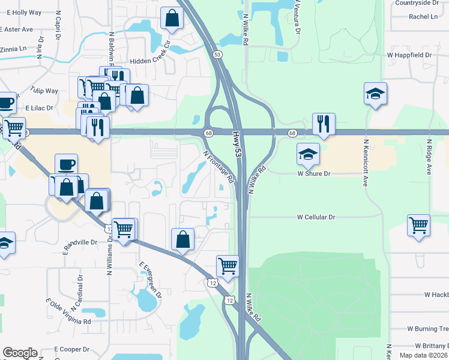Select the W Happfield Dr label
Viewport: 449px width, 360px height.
(x=409, y=55)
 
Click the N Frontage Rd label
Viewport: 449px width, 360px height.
(x=218, y=167)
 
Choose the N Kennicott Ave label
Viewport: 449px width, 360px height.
(x=364, y=164)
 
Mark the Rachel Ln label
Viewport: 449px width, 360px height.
(x=423, y=17)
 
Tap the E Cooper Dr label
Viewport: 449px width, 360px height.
(x=71, y=349)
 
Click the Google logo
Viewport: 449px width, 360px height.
(x=20, y=353)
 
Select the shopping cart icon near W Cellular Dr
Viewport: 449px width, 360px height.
(x=418, y=226)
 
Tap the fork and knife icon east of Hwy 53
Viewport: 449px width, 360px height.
(x=324, y=124)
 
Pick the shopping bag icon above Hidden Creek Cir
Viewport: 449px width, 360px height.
(x=172, y=19)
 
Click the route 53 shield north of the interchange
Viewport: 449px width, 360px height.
(x=217, y=55)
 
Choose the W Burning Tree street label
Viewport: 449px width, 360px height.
(x=427, y=329)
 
